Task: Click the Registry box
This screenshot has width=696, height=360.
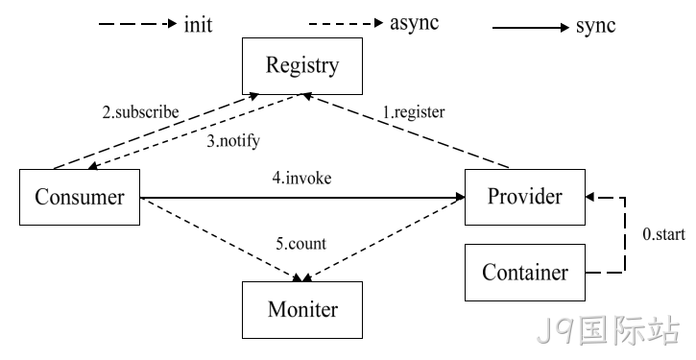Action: pyautogui.click(x=302, y=66)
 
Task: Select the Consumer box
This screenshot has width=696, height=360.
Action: pyautogui.click(x=80, y=197)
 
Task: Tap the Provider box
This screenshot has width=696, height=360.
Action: pyautogui.click(x=525, y=197)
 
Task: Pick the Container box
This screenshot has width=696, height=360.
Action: pyautogui.click(x=525, y=273)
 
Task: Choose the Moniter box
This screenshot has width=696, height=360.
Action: pyautogui.click(x=302, y=310)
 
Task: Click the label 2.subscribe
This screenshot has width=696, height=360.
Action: pyautogui.click(x=141, y=112)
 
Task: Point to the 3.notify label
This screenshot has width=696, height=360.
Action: pyautogui.click(x=233, y=141)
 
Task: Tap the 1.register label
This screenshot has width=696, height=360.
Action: pyautogui.click(x=414, y=112)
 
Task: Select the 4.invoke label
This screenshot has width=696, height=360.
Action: pyautogui.click(x=301, y=178)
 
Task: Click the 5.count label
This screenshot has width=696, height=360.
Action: pyautogui.click(x=300, y=243)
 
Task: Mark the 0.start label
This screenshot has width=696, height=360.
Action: pyautogui.click(x=664, y=234)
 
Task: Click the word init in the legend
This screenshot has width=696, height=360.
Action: pyautogui.click(x=199, y=24)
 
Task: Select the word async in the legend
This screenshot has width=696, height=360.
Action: pyautogui.click(x=414, y=24)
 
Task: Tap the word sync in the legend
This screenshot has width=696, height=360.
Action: pyautogui.click(x=596, y=26)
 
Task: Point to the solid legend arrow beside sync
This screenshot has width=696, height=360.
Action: pyautogui.click(x=531, y=28)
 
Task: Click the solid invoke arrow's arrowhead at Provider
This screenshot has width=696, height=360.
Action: pyautogui.click(x=460, y=197)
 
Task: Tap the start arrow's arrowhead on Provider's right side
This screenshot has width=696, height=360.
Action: pyautogui.click(x=589, y=197)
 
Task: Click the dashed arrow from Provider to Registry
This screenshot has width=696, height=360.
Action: pyautogui.click(x=405, y=131)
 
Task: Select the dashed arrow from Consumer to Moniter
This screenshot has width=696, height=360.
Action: pyautogui.click(x=222, y=240)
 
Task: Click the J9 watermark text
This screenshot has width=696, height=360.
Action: pyautogui.click(x=608, y=330)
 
